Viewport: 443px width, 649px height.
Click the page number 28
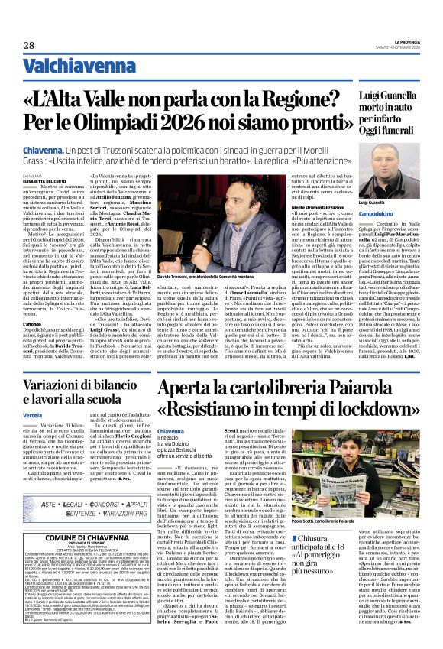click(28, 46)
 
